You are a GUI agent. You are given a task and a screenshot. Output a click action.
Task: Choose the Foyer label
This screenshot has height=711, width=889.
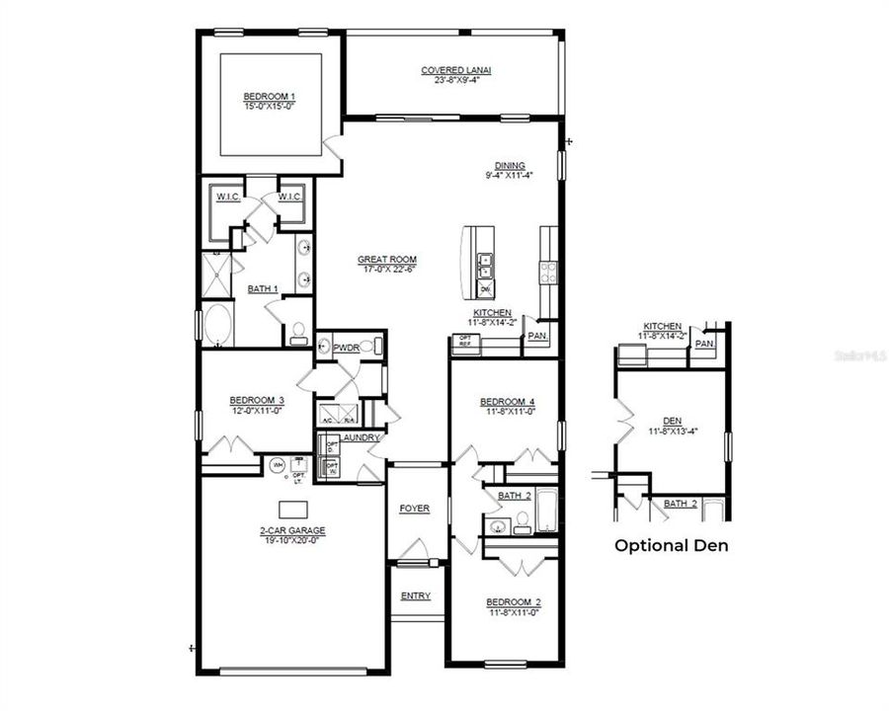(x=414, y=509)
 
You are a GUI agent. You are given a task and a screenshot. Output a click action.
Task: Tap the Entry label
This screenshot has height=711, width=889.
(x=415, y=595)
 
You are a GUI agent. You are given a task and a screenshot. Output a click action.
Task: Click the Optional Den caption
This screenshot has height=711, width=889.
(x=672, y=545)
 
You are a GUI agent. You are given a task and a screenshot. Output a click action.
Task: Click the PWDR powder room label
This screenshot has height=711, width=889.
(x=346, y=348)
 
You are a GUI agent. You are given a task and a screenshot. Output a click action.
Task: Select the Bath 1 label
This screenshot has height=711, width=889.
(x=262, y=288)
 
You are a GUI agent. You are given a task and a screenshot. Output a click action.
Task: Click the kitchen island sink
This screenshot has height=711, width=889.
(x=484, y=265)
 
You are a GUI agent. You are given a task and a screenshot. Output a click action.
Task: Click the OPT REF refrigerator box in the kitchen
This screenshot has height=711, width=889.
(x=464, y=342)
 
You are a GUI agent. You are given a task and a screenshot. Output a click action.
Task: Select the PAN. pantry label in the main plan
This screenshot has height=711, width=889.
(x=537, y=336)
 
